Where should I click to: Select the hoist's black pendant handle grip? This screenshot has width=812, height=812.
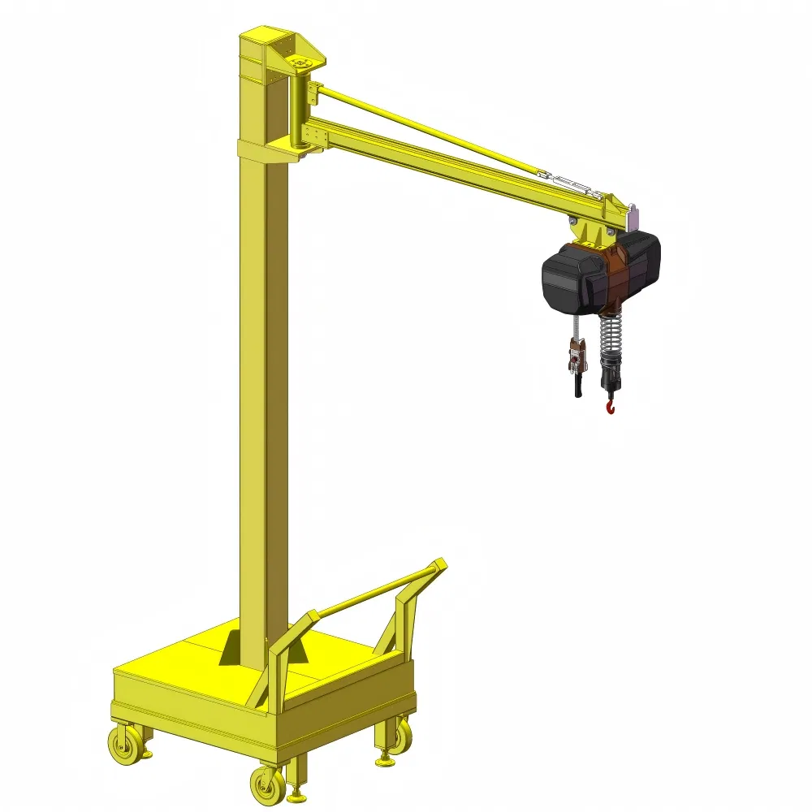[578, 382]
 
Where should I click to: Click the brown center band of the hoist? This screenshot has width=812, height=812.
[617, 272]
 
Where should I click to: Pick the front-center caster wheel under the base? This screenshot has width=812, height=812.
[266, 785]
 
